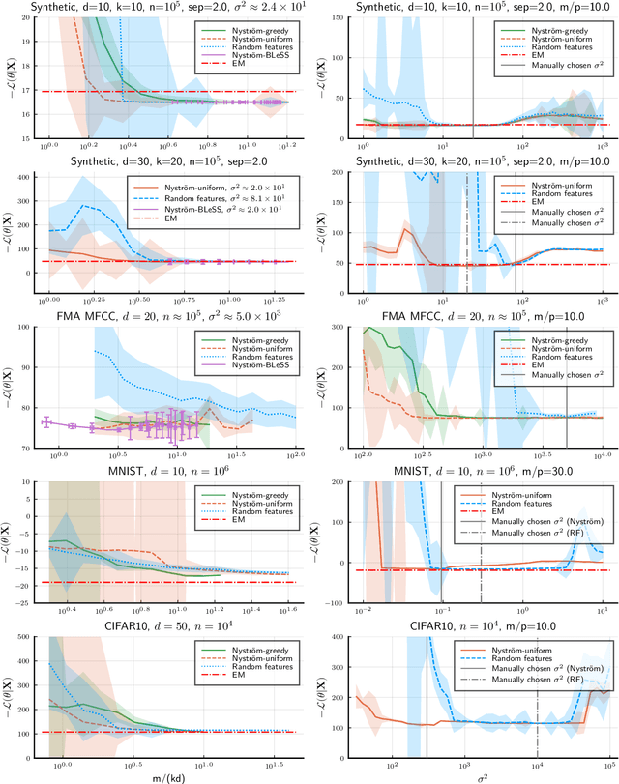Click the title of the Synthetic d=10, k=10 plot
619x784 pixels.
[x=155, y=7]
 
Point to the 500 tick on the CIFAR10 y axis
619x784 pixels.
[x=26, y=637]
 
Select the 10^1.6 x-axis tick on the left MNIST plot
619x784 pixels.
[x=291, y=612]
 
